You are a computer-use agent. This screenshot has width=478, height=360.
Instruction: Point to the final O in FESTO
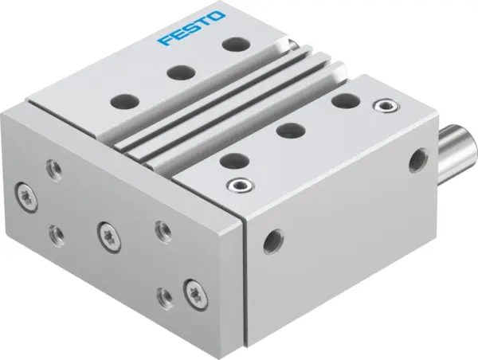click(x=218, y=15)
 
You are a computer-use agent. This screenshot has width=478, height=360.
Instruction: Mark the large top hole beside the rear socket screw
click(x=345, y=100)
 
